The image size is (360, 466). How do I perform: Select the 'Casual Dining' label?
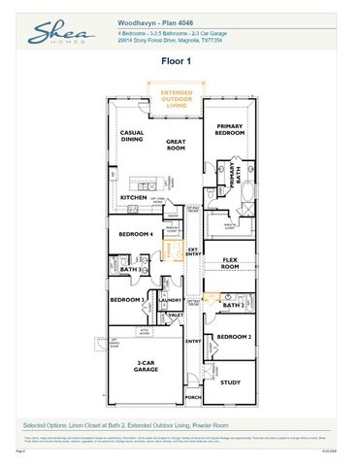(x=132, y=137)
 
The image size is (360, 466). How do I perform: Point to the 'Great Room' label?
(x=176, y=145)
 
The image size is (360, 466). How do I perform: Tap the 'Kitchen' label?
(x=133, y=197)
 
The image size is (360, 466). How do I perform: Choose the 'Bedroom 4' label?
(x=136, y=235)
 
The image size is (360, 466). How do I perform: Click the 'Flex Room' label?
(x=231, y=263)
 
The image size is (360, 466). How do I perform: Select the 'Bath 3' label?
(x=117, y=269)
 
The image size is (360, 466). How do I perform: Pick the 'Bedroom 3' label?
(x=126, y=300)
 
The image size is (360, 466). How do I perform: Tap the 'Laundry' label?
(x=171, y=300)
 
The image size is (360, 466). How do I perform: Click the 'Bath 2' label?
(x=231, y=305)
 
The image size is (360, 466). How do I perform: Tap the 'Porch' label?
(x=192, y=398)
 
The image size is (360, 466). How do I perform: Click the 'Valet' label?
(x=176, y=316)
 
